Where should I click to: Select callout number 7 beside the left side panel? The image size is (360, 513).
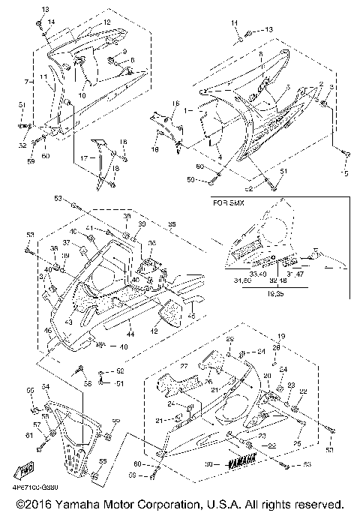25,79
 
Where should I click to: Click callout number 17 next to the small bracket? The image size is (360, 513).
85,158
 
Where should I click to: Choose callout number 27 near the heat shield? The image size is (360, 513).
183,367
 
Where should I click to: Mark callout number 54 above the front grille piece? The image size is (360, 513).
46,387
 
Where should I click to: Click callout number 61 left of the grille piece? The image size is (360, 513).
29,435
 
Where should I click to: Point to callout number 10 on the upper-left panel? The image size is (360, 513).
82,95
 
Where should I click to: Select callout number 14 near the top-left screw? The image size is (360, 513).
51,22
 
